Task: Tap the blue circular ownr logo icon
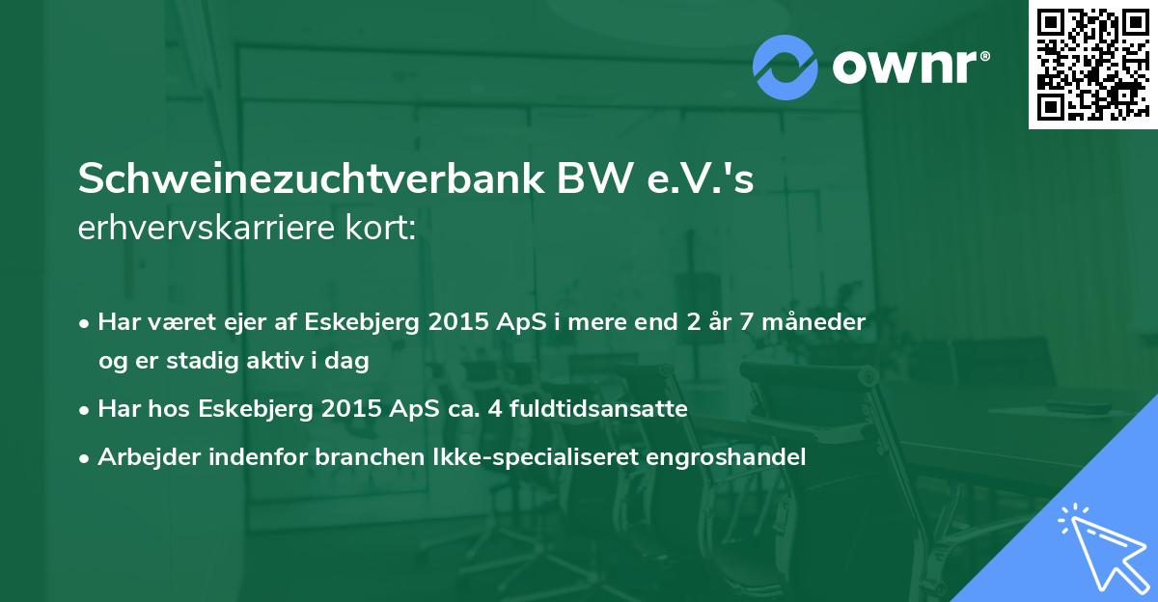point(786,67)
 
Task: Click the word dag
point(349,362)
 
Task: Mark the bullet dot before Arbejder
point(86,458)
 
